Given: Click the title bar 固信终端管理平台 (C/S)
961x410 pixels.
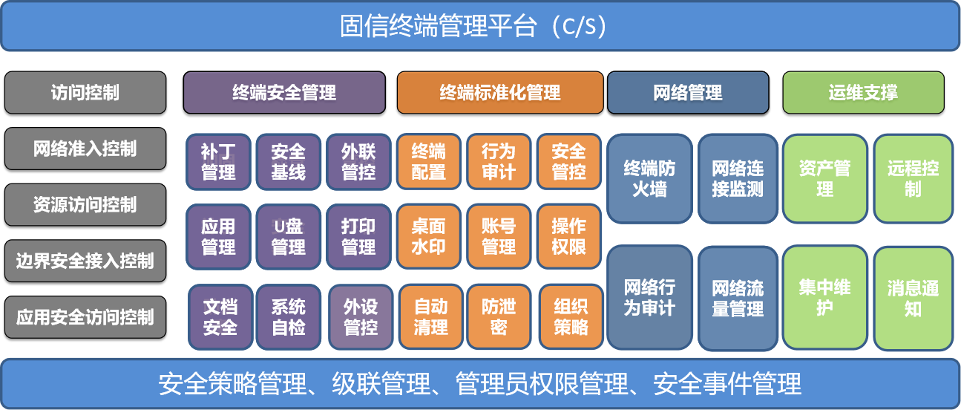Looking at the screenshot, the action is coord(480,26).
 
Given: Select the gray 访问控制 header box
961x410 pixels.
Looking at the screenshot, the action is coord(85,92).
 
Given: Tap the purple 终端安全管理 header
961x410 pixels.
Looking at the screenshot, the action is coord(284,92).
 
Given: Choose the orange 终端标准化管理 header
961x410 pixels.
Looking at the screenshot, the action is coord(500,92).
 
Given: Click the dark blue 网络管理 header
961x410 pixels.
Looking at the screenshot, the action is coord(688,92).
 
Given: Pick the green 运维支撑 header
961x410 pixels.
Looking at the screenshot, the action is coord(863,92).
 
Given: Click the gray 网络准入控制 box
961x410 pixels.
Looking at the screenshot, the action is coord(85,149).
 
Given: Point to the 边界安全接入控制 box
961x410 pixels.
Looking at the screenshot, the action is coord(85,261).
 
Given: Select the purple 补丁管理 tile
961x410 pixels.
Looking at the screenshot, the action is coord(218,162).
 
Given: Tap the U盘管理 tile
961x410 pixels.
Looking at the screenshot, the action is coord(288,236).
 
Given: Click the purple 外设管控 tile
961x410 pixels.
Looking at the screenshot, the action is coord(361,317).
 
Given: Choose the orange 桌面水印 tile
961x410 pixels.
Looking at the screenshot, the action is coord(429,236).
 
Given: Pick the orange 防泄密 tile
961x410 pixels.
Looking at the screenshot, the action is coord(499,317).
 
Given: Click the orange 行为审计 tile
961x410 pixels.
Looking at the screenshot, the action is coord(499,162).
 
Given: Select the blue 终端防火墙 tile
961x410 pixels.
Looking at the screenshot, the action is coord(649,178).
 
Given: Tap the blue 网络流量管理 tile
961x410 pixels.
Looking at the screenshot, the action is coord(738,299).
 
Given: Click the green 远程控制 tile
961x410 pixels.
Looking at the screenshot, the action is coord(914,178).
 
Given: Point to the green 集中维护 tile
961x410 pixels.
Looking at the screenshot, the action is coord(824,298).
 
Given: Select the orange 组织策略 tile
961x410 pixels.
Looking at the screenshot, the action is coord(571,317).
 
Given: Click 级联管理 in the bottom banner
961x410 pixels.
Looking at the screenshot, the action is coord(381,383).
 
